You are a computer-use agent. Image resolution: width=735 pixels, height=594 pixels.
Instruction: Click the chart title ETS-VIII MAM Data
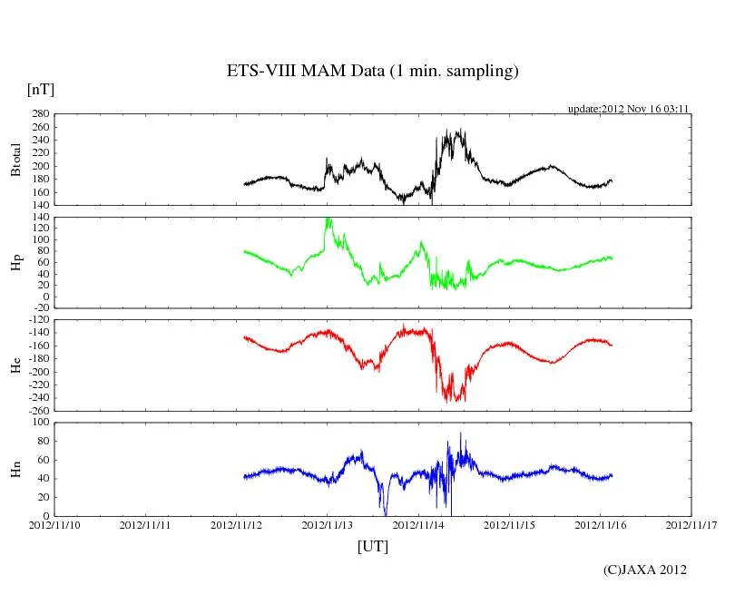[x=372, y=72]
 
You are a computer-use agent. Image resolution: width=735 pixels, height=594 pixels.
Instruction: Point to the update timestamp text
[x=629, y=109]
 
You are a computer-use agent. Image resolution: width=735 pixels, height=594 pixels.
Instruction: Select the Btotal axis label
[x=15, y=160]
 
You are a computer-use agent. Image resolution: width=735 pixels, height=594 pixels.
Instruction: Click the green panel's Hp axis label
[x=15, y=263]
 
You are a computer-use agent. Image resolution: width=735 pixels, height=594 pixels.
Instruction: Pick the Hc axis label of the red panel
[x=15, y=365]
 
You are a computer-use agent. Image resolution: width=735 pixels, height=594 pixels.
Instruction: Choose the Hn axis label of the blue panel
[x=15, y=469]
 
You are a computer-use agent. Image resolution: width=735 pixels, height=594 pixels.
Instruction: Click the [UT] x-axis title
[x=372, y=546]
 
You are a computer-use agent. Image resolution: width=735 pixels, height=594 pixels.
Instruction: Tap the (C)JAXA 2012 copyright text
[x=644, y=570]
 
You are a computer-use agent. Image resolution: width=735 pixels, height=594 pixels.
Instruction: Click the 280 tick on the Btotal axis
[x=39, y=114]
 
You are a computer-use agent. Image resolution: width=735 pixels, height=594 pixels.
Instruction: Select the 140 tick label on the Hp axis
[x=39, y=218]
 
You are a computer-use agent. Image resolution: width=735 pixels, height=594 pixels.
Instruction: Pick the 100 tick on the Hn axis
[x=39, y=423]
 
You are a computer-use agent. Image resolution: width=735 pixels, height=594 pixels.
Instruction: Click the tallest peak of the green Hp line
[x=328, y=219]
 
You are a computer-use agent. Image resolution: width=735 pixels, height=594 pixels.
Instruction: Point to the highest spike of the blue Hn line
[x=461, y=433]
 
